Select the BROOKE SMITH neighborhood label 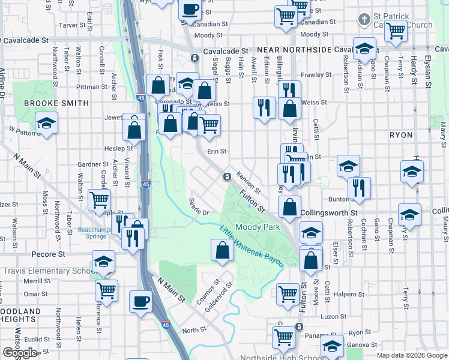click(x=56, y=103)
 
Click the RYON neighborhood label click(x=401, y=135)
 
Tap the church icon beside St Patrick click(x=363, y=19)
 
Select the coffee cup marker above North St click(x=140, y=302)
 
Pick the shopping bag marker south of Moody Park click(x=222, y=250)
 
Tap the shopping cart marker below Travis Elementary click(x=106, y=292)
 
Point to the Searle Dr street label click(x=198, y=208)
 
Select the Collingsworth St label click(x=329, y=212)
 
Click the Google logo click(x=19, y=353)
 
